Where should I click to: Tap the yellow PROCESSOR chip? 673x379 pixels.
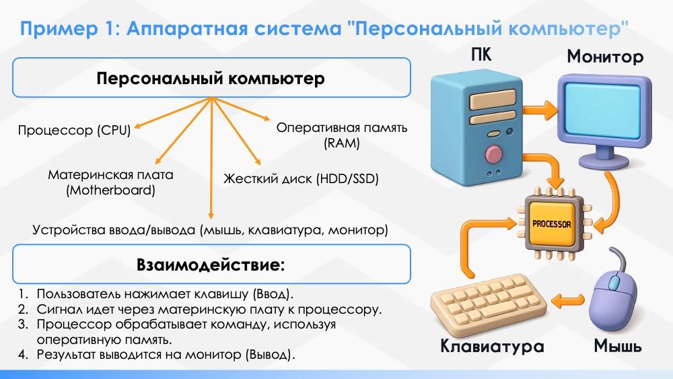click(x=552, y=223)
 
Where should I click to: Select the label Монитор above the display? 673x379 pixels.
click(x=605, y=57)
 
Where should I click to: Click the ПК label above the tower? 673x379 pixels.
click(x=481, y=55)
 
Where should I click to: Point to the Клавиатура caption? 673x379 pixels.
click(x=493, y=346)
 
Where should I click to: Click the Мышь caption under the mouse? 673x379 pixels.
click(x=618, y=346)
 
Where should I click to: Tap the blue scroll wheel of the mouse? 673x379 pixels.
click(x=614, y=283)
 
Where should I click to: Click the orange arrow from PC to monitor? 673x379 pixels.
click(x=540, y=110)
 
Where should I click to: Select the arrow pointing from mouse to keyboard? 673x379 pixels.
click(x=568, y=300)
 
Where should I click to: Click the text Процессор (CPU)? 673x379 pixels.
click(x=74, y=130)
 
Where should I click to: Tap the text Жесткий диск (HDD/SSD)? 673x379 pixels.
click(x=301, y=178)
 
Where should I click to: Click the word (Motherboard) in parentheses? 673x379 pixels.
click(x=111, y=190)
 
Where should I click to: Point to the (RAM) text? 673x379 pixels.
click(x=342, y=143)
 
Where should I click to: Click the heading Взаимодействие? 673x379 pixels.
click(x=211, y=265)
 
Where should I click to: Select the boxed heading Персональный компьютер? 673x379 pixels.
click(x=210, y=79)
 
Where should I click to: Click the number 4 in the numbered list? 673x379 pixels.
click(x=23, y=355)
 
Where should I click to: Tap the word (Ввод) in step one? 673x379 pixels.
click(x=273, y=294)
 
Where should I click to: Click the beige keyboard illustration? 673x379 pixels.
click(x=488, y=305)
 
